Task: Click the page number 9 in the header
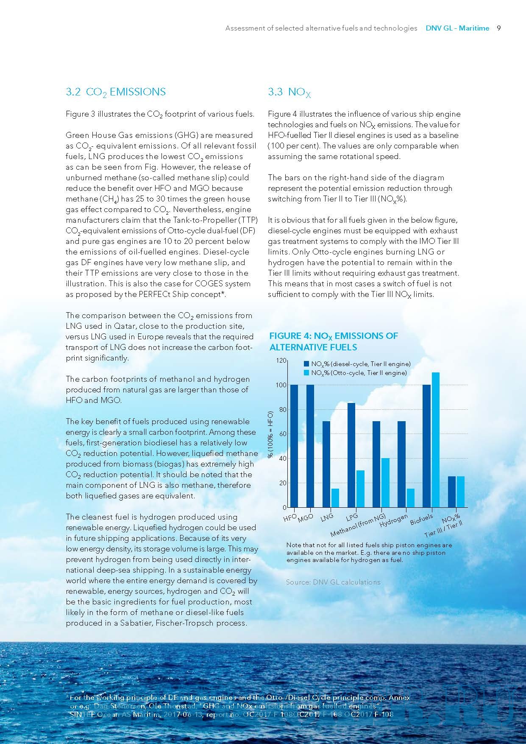[x=499, y=28]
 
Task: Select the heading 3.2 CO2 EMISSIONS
[x=116, y=92]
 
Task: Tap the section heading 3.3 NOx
[x=289, y=92]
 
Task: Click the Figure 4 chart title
[x=334, y=341]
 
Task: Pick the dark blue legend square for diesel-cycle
[x=306, y=364]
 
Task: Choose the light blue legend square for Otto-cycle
[x=306, y=372]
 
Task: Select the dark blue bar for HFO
[x=294, y=445]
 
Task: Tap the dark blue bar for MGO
[x=310, y=445]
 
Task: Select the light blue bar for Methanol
[x=385, y=482]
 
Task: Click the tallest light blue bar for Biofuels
[x=435, y=439]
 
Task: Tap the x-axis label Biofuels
[x=421, y=519]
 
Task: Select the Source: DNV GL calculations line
[x=333, y=582]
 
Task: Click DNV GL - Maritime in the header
[x=457, y=28]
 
